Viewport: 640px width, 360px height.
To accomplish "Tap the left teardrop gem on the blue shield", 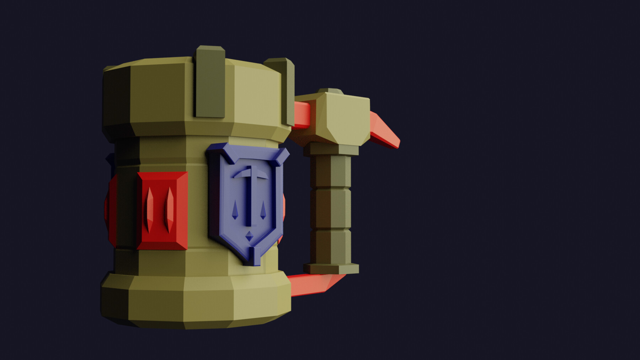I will pos(235,210).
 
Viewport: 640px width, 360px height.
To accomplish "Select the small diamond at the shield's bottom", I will pos(250,235).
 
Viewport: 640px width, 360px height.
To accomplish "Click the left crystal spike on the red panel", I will pos(150,209).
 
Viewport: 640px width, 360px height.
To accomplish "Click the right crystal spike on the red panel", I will pos(170,209).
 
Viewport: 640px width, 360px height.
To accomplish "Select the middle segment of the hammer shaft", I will pos(331,209).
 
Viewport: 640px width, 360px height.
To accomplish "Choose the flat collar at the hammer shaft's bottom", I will pos(331,269).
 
